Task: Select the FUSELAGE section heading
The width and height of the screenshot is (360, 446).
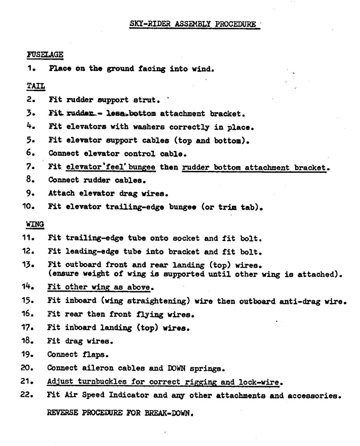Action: tap(45, 54)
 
